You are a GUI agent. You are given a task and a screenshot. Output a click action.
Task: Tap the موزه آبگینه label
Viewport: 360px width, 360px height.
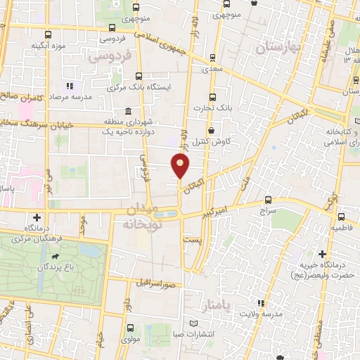[48, 46]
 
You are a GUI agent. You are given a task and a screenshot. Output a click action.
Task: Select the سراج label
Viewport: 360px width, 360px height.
[268, 210]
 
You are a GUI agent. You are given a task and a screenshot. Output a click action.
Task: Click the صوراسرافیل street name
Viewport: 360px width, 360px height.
[161, 284]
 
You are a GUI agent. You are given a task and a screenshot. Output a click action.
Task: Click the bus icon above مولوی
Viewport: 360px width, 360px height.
[130, 327]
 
